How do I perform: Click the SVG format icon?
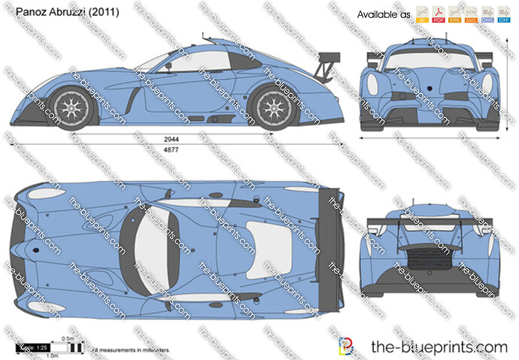point(471,14)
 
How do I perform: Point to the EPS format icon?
point(454,14)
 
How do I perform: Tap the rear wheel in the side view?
point(275,106)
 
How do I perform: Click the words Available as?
point(383,14)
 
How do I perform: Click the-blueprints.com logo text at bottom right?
point(439,346)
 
